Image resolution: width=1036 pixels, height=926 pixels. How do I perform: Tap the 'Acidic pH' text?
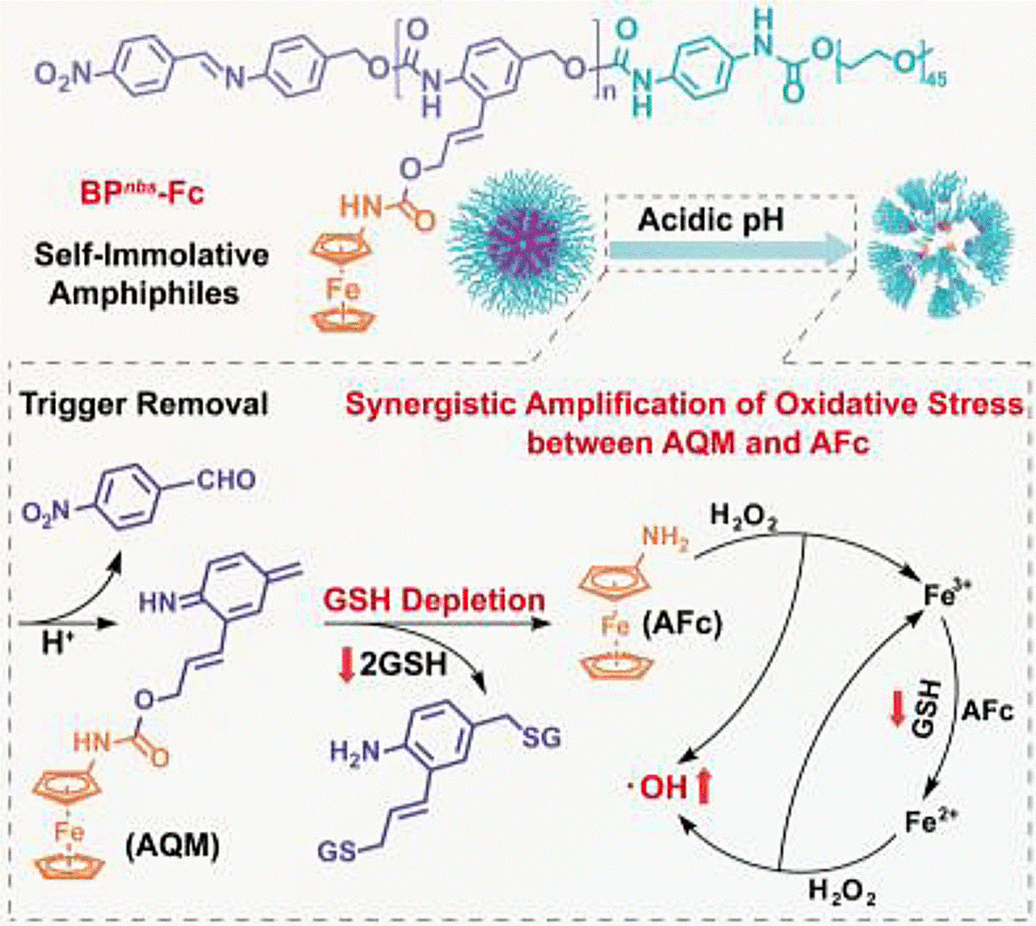click(x=711, y=220)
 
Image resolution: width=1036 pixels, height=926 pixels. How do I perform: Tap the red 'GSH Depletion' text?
click(x=434, y=601)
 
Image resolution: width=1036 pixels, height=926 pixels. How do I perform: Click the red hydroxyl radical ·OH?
click(x=663, y=788)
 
